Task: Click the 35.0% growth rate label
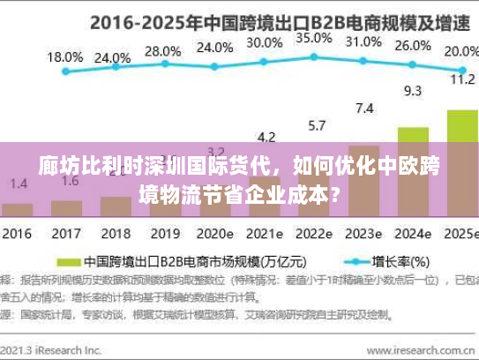pos(314,39)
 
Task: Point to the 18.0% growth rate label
pos(64,57)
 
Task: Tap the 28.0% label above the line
pos(163,51)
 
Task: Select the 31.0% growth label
pos(363,41)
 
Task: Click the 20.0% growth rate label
pos(460,51)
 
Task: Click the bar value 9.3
pos(412,90)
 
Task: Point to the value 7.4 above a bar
pos(363,109)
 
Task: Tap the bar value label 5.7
pos(314,124)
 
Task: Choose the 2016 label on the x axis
pos(16,235)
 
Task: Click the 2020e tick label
pos(214,235)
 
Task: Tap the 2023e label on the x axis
pos(363,235)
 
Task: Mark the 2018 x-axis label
pos(115,235)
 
